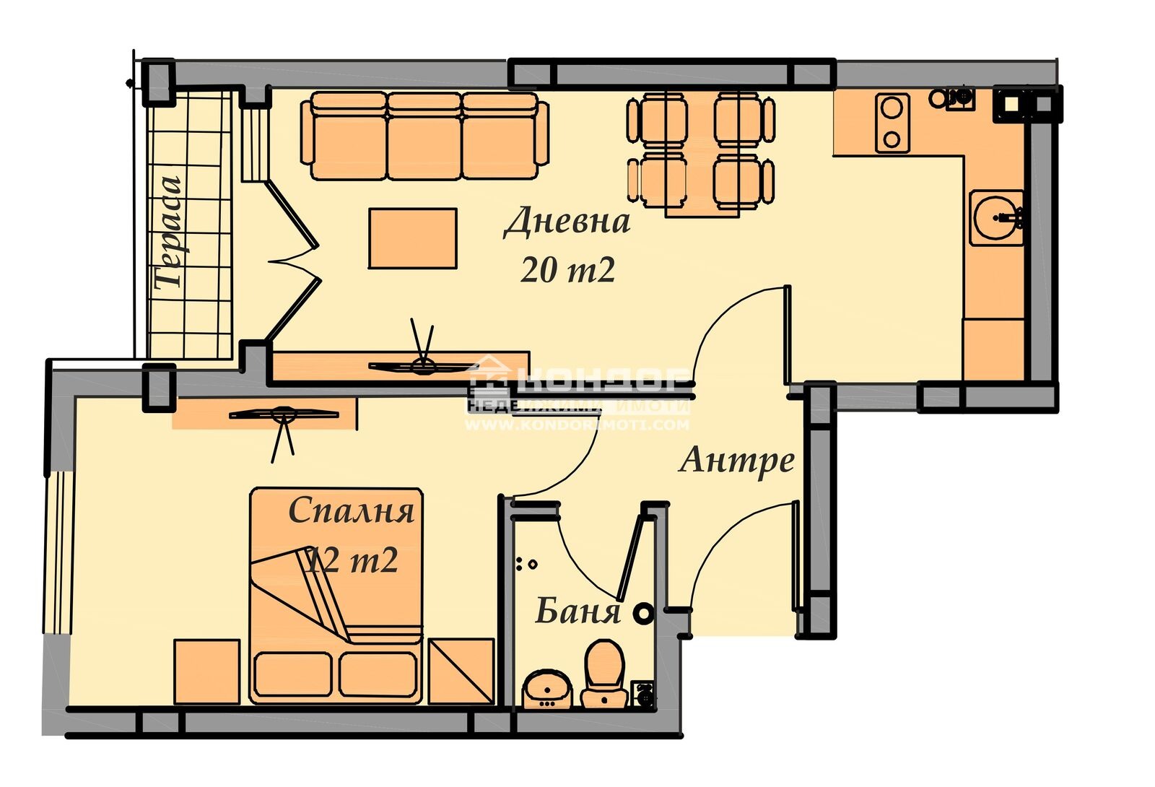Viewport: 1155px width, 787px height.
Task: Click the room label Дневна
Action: [567, 222]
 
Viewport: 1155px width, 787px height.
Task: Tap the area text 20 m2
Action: [567, 270]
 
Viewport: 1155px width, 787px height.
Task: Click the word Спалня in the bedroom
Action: [352, 511]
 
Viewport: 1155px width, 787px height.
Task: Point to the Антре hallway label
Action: [736, 460]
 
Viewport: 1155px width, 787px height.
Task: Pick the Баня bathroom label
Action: [577, 612]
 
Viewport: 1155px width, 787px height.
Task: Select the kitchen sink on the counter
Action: [997, 217]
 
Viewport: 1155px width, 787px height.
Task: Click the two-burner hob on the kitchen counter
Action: [892, 123]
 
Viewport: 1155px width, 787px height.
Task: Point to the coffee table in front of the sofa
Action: [412, 238]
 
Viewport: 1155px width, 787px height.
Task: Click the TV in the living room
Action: [422, 365]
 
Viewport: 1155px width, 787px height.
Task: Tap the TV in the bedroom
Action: [283, 414]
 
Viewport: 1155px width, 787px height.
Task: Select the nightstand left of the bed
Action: [206, 671]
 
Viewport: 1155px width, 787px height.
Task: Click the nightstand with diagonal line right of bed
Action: [461, 671]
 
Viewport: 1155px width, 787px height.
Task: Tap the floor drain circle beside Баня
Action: [642, 614]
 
